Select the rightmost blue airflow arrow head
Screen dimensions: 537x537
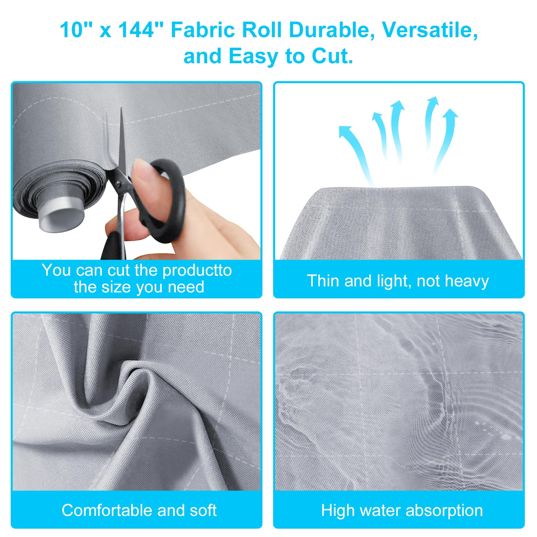[450, 114]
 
